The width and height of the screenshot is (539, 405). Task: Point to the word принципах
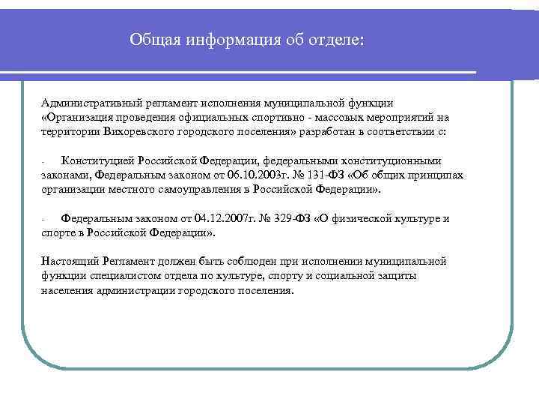point(433,175)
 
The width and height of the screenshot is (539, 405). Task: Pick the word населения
point(67,290)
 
